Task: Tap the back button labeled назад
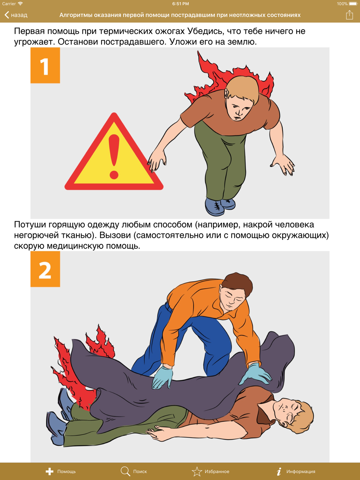16,15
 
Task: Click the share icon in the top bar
349,15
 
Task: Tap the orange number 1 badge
45,65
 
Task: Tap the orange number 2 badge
45,269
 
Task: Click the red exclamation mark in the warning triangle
114,157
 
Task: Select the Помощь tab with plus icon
60,471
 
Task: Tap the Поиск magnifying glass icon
125,471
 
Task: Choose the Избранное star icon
197,471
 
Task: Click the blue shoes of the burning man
220,206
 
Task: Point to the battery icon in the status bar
353,4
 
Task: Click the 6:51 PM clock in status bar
180,4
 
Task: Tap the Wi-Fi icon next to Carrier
21,4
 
